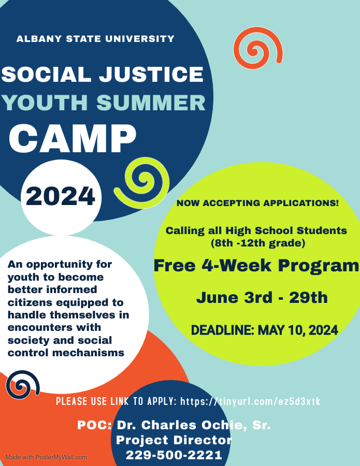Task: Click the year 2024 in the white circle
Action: coord(61,196)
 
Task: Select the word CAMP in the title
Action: coord(73,138)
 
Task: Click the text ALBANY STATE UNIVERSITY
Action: coord(95,39)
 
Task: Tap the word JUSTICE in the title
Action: coord(152,74)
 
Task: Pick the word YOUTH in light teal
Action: coord(45,103)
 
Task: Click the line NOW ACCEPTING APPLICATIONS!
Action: coord(257,203)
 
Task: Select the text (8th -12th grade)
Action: coord(258,243)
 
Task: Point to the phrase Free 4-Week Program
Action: coord(256,266)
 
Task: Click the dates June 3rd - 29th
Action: coord(262,298)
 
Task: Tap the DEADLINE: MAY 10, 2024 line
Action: coord(264,330)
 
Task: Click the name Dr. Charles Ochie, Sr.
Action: coord(194,425)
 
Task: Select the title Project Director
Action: coord(174,440)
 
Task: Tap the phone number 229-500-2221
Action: coord(174,455)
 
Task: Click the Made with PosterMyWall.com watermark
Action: coord(46,457)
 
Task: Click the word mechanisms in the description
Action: coord(88,353)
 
